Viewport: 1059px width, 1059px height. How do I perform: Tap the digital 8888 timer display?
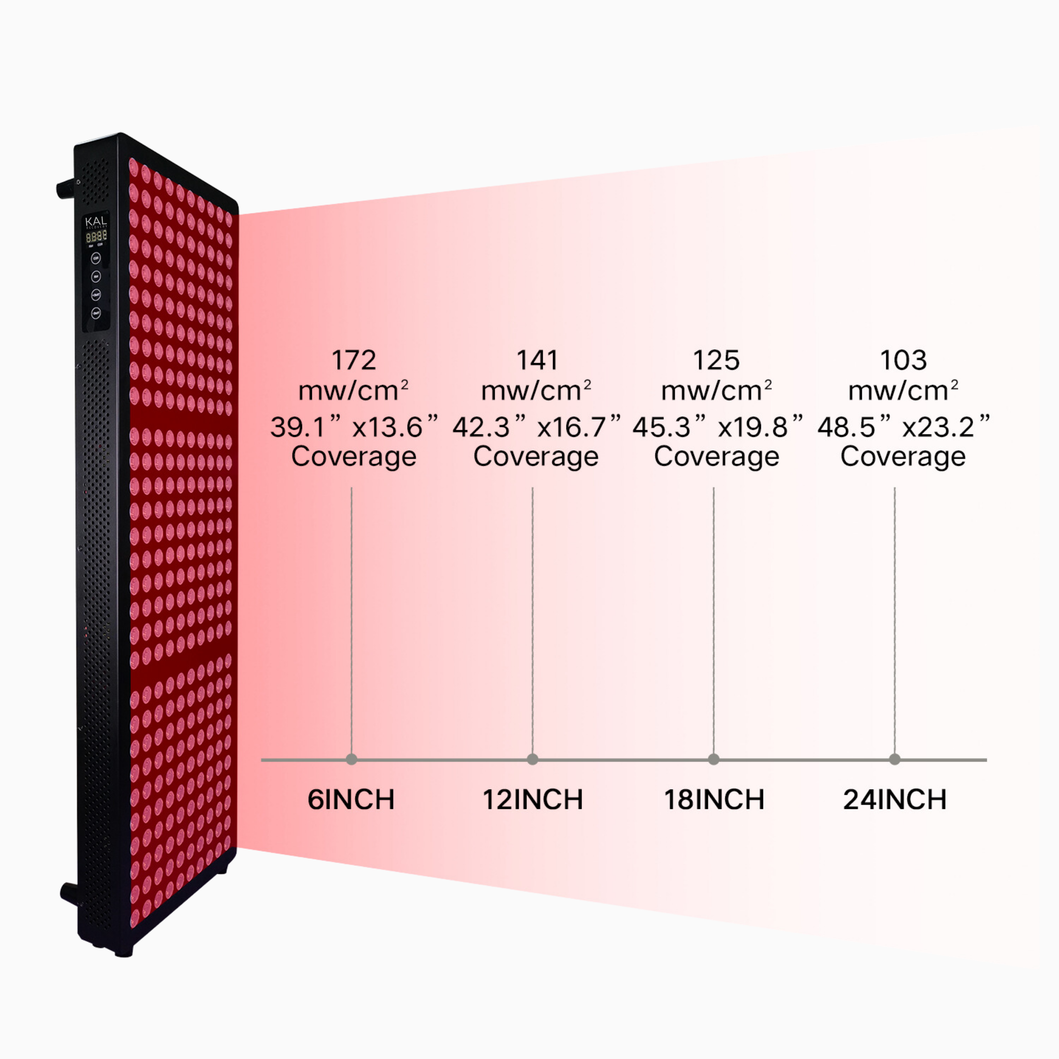click(96, 236)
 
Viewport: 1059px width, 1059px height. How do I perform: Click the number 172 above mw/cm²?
click(354, 360)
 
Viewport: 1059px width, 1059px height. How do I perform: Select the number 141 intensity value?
click(537, 360)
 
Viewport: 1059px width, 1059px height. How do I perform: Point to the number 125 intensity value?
click(716, 360)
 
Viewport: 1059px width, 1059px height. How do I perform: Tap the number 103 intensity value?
click(903, 360)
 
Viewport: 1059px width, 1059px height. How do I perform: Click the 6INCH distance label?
click(351, 800)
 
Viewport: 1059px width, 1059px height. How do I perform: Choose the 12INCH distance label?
click(532, 800)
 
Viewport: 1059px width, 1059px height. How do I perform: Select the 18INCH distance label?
click(714, 800)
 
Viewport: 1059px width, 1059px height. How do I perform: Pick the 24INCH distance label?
click(895, 800)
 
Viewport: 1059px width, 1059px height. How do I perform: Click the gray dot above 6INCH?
click(351, 759)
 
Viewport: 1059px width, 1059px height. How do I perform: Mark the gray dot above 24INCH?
click(895, 759)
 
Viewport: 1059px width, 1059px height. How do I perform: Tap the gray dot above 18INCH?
click(714, 759)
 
